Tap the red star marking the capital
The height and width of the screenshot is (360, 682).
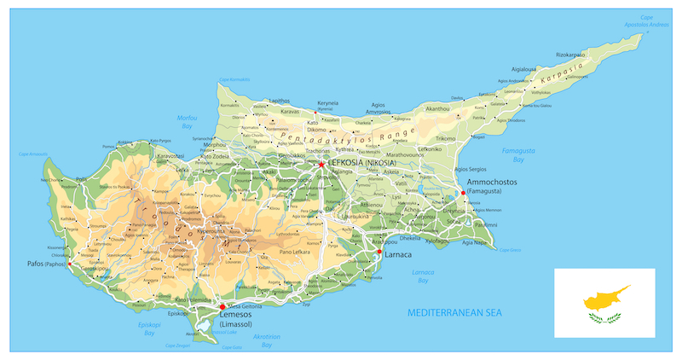coord(321,164)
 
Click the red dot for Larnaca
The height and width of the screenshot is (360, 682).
coord(379,252)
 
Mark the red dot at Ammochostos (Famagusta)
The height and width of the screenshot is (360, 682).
coord(463,193)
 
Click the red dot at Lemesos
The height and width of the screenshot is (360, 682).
coord(223,306)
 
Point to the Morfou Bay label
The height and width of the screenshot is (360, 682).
coord(187,121)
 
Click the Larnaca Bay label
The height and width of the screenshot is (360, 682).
coord(423,276)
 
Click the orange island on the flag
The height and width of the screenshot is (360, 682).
coord(606,299)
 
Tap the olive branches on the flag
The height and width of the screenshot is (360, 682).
coord(604,318)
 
